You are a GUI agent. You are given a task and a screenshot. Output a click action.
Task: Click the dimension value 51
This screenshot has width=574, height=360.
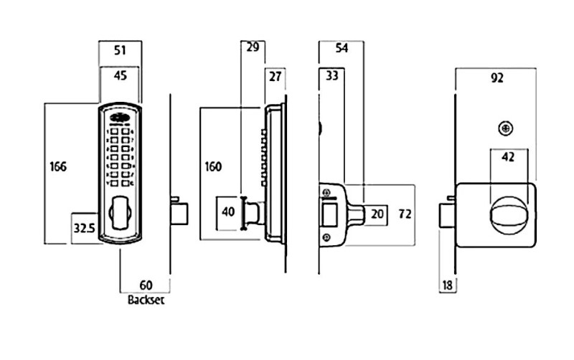coord(121,50)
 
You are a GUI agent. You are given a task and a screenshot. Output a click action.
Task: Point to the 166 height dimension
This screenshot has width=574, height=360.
coord(59,167)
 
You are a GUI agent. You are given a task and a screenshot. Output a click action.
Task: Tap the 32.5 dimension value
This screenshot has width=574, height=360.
coord(84,228)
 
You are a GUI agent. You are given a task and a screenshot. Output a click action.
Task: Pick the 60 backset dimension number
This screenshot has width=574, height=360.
coord(146,284)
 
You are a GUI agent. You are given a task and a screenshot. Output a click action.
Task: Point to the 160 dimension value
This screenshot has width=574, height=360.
coord(213,167)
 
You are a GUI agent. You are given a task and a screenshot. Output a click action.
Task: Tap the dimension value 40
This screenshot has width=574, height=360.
coord(228,213)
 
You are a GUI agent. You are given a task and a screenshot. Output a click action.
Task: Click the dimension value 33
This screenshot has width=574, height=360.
coord(331,75)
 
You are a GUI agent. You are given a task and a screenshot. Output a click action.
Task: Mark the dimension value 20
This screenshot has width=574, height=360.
coord(378,214)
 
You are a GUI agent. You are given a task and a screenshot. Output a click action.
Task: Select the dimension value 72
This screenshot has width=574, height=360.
coord(405,214)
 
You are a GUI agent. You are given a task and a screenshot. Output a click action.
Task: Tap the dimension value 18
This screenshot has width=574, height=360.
coord(447,285)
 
